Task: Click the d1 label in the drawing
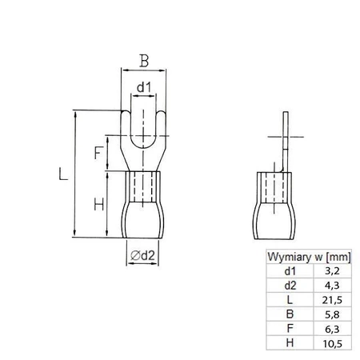[142, 86]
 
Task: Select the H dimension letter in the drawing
[98, 205]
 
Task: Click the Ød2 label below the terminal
[142, 255]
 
